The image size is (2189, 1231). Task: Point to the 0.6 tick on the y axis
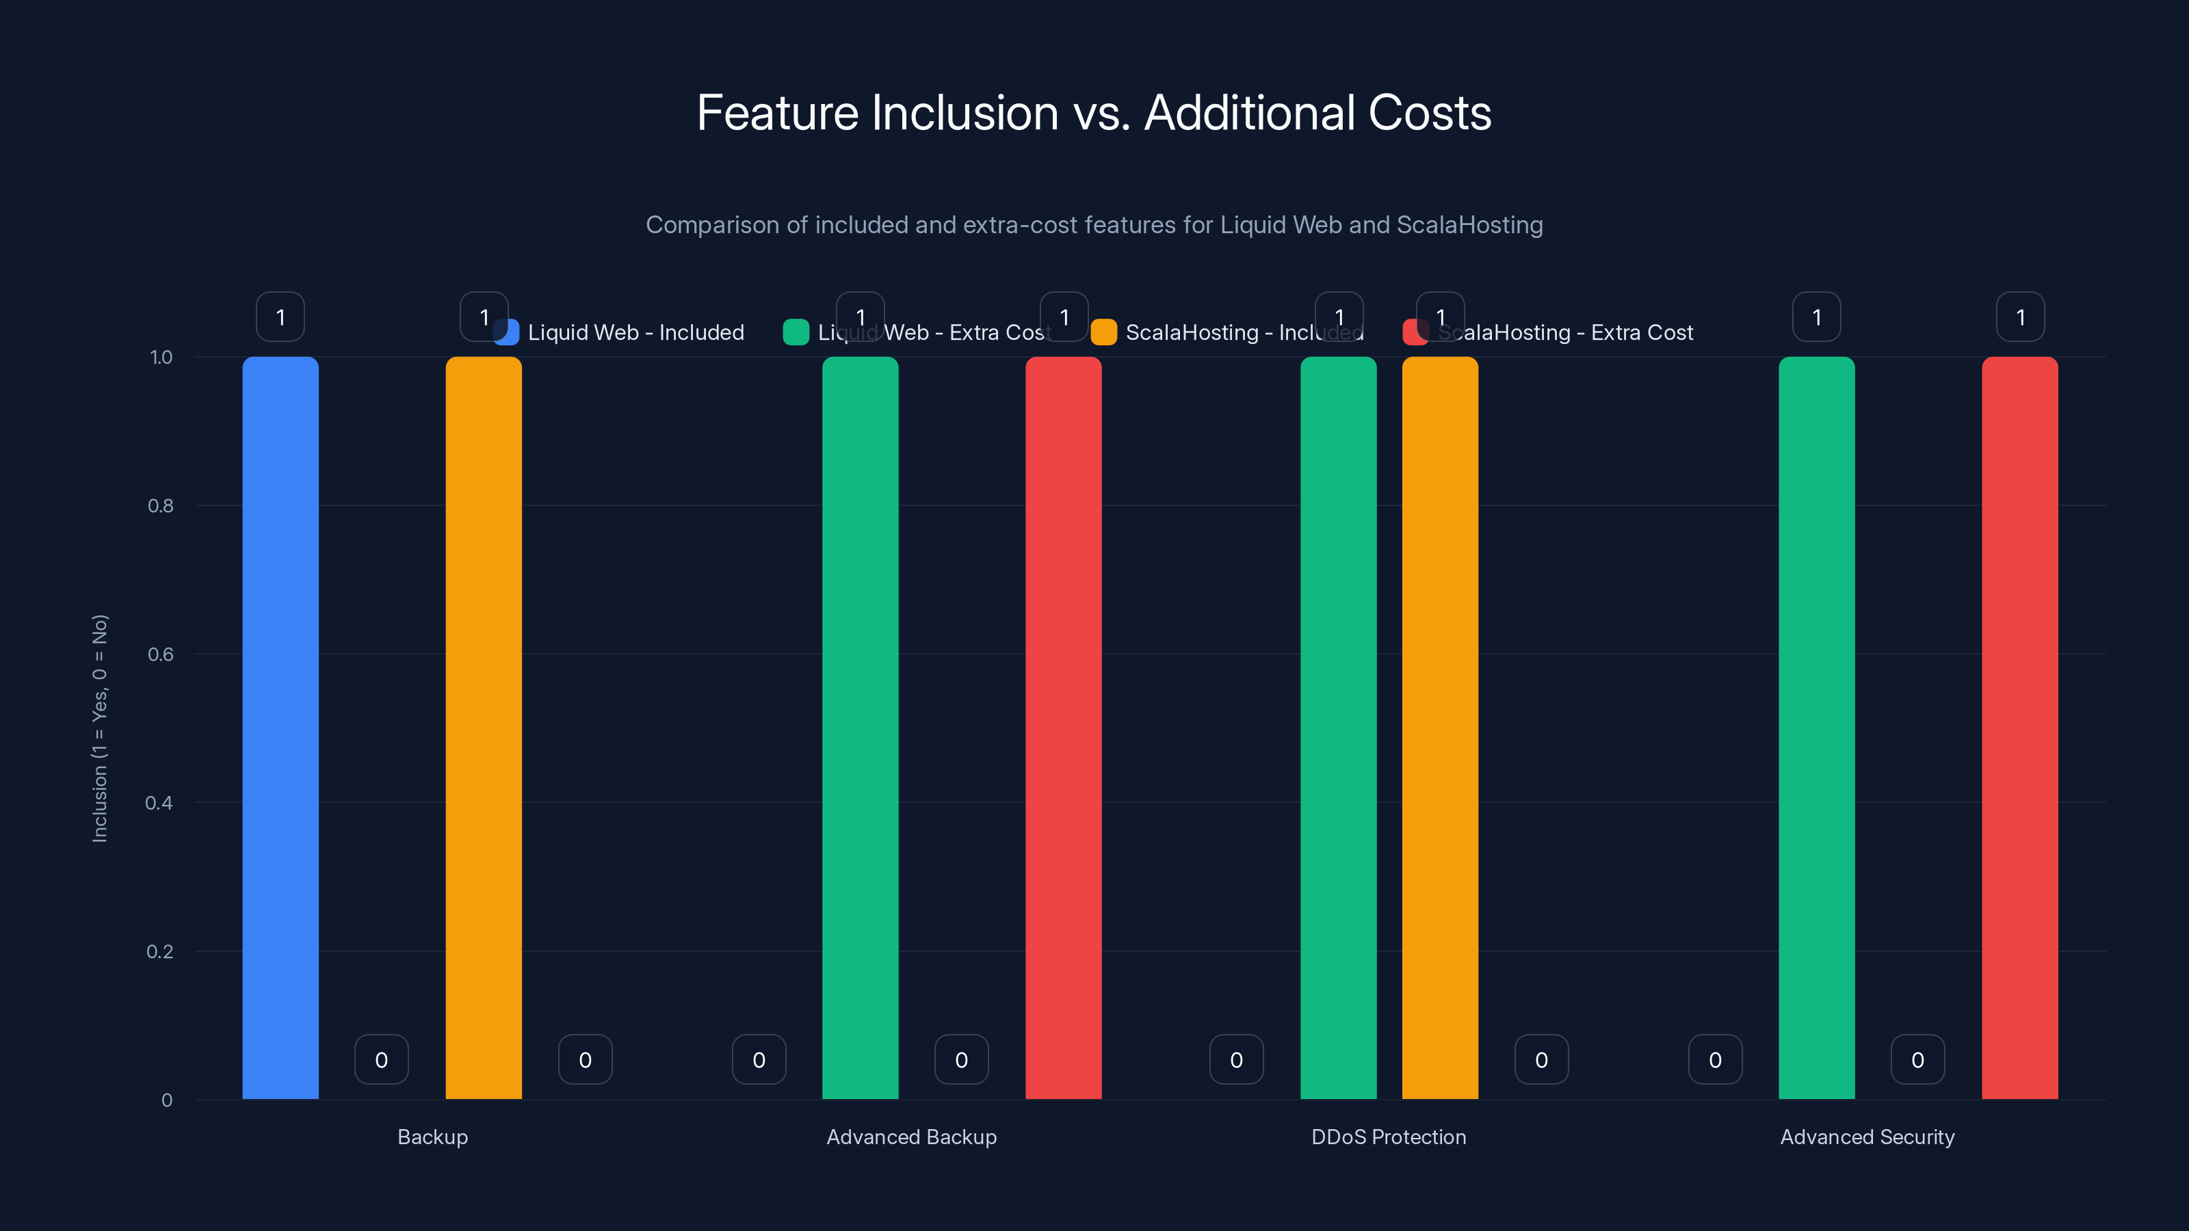tap(161, 654)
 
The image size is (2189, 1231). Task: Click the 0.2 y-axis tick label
tap(160, 951)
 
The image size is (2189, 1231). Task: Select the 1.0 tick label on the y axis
tap(161, 358)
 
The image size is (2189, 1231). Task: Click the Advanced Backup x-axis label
tap(911, 1137)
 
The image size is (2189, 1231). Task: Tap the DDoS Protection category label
tap(1389, 1137)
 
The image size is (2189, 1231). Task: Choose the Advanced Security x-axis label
tap(1867, 1137)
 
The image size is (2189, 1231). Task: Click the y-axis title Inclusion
tap(99, 728)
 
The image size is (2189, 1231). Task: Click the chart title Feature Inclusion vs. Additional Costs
tap(1094, 113)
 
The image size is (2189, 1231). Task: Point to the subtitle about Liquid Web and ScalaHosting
tap(1094, 225)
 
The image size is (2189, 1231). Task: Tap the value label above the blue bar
tap(280, 317)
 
